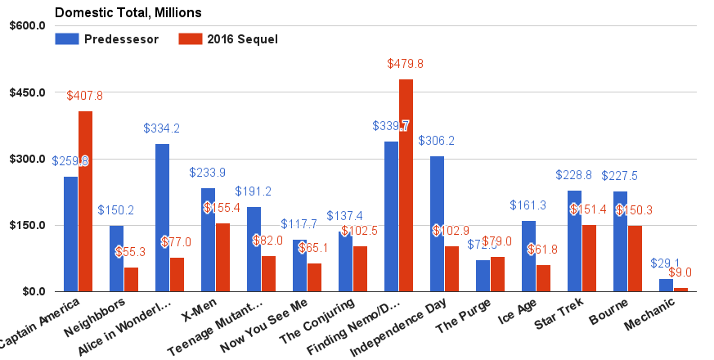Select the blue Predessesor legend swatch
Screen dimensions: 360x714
66,39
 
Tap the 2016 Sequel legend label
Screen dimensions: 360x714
242,39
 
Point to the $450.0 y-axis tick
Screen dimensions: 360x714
28,92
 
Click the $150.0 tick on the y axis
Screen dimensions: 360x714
28,225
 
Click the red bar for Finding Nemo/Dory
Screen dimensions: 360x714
406,186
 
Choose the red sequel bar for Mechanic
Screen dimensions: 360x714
680,290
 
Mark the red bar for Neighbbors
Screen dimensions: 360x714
131,279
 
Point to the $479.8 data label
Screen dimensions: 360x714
406,64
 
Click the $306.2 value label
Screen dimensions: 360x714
437,141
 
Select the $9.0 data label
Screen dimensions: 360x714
681,273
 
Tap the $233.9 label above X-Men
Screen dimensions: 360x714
208,173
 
